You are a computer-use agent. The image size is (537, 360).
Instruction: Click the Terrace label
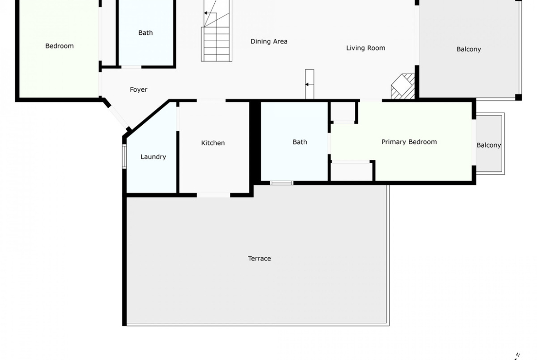[x=259, y=258]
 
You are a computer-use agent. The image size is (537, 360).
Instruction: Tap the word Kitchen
[x=213, y=143]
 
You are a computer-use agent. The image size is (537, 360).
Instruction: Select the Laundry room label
[x=153, y=157]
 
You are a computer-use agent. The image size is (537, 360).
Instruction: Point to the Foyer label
[x=138, y=90]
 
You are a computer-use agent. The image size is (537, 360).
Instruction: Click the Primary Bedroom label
[x=409, y=142]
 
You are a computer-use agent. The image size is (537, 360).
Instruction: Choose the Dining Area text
[x=269, y=41]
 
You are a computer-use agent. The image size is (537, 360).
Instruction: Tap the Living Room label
[x=365, y=48]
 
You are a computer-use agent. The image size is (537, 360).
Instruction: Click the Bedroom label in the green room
[x=59, y=46]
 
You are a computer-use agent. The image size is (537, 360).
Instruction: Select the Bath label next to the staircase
[x=145, y=33]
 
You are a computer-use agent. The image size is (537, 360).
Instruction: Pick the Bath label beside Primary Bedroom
[x=300, y=142]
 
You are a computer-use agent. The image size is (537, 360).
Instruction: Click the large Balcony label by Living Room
[x=469, y=49]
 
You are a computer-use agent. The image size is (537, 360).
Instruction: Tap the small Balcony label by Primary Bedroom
[x=489, y=145]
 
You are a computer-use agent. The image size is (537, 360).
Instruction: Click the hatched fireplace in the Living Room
[x=403, y=86]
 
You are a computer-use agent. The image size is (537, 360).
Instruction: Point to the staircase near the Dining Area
[x=217, y=31]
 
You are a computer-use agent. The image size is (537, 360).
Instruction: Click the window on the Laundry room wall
[x=125, y=156]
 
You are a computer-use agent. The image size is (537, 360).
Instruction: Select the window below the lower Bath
[x=281, y=183]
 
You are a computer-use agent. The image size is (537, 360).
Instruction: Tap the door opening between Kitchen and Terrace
[x=213, y=195]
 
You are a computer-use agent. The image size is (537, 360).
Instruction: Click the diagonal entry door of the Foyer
[x=117, y=116]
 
